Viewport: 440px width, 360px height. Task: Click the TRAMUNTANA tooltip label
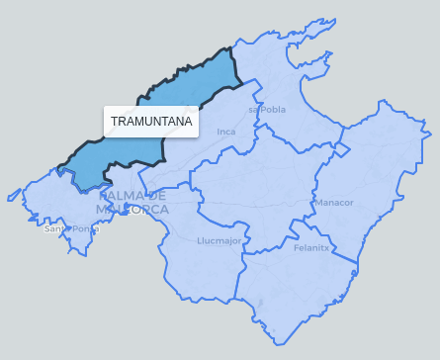(x=151, y=122)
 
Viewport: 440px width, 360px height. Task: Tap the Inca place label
(x=226, y=132)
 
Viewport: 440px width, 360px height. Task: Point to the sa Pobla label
(x=267, y=110)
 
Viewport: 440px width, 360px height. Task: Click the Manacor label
(x=334, y=203)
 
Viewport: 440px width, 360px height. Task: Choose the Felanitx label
(x=311, y=248)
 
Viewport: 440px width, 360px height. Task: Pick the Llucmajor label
(x=219, y=240)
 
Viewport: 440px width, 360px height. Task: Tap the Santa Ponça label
(x=71, y=228)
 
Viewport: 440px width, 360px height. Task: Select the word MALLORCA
(x=132, y=210)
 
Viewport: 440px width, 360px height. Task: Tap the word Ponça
(x=85, y=228)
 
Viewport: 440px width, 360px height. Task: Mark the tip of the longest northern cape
(x=325, y=22)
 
